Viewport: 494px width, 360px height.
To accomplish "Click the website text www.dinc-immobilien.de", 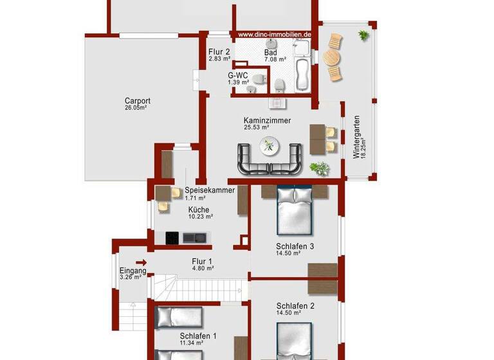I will point(275,35).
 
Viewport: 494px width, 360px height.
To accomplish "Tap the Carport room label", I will point(138,101).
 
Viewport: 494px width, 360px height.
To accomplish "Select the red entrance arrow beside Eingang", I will point(142,262).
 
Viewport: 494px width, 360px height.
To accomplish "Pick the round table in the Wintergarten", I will point(332,58).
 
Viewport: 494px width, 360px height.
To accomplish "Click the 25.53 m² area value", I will point(256,127).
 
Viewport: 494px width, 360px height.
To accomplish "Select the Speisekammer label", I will point(210,191).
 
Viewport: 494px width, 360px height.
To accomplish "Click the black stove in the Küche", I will point(172,238).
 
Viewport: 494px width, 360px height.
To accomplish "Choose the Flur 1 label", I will point(202,262).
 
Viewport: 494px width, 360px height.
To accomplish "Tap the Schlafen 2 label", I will point(295,306).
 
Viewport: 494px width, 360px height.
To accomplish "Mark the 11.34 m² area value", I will point(192,344).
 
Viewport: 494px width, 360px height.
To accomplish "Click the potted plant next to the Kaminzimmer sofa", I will point(318,168).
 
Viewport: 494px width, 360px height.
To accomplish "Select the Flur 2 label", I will point(219,52).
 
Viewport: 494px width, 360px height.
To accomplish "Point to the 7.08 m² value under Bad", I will point(275,59).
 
